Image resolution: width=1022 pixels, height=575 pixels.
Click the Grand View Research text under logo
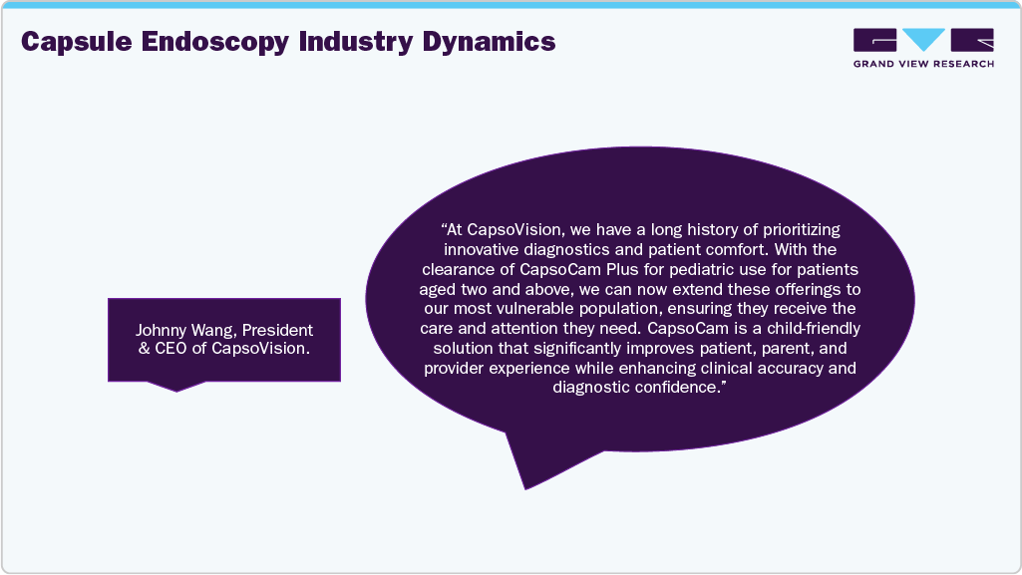923,64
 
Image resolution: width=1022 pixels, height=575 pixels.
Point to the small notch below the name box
176,386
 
